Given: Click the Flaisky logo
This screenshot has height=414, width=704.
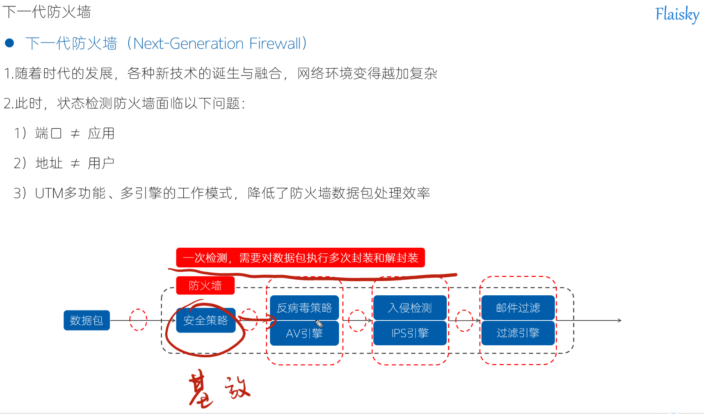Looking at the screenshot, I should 677,14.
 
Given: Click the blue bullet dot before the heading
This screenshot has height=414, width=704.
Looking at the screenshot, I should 10,43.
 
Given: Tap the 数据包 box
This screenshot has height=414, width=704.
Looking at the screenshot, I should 87,320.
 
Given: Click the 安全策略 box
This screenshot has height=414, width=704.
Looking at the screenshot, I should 206,320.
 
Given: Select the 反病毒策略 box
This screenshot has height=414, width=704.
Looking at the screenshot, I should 304,308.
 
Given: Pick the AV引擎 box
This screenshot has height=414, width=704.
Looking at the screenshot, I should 304,333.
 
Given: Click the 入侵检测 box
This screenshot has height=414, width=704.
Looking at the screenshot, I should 410,308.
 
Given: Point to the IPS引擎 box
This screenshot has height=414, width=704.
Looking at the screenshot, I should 410,333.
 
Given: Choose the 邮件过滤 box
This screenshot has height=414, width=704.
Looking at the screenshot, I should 518,308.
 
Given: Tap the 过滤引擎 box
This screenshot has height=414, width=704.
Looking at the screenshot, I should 518,333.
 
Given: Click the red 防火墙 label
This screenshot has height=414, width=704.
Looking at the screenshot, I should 205,285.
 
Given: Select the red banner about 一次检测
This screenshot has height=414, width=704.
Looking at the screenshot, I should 300,258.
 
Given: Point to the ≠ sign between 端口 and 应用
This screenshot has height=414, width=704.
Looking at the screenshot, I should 75,133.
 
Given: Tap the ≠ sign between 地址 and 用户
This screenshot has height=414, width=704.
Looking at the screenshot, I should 75,163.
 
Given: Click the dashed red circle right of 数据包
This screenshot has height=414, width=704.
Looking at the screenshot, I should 138,320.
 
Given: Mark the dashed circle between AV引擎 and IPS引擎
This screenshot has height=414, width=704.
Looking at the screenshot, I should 357,320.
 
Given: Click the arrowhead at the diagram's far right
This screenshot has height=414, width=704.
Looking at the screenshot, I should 619,320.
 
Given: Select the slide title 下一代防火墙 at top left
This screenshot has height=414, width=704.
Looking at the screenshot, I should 47,12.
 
